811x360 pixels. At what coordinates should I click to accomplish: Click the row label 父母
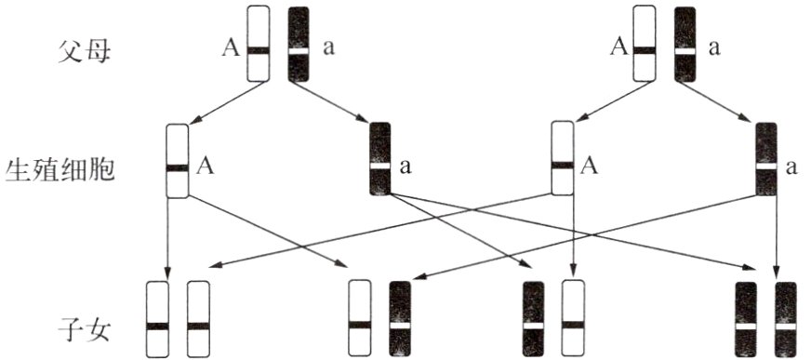(84, 51)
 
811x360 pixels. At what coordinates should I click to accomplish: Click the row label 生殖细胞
(60, 169)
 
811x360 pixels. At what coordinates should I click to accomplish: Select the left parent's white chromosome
(259, 44)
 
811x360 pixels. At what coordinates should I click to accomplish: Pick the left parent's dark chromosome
(299, 44)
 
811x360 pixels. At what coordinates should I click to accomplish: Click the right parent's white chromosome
(645, 44)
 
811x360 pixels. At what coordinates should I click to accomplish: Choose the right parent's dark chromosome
(685, 44)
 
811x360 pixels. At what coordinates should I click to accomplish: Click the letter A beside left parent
(231, 48)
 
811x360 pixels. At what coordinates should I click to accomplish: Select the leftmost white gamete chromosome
(177, 160)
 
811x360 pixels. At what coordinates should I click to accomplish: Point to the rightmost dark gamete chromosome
(766, 159)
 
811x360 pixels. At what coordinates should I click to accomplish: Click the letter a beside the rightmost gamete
(791, 167)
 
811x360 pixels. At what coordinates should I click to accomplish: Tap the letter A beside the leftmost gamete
(206, 167)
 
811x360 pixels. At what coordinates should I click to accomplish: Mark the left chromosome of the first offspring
(157, 319)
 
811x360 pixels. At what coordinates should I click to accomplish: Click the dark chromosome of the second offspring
(400, 319)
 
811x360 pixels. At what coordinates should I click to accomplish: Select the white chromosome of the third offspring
(573, 319)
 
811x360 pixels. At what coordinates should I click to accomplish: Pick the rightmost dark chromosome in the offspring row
(786, 319)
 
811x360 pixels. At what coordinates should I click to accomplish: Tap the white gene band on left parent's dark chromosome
(299, 51)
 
